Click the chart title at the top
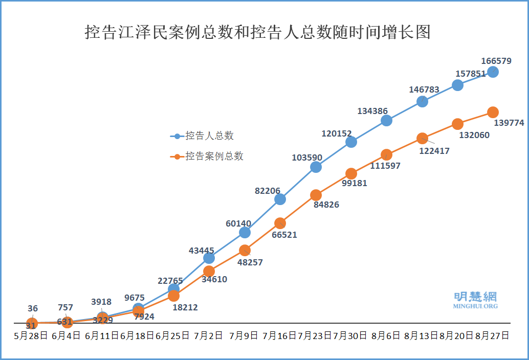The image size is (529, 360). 258,32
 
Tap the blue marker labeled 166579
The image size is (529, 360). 493,72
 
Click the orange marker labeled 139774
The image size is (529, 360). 493,112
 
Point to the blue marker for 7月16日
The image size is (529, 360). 280,199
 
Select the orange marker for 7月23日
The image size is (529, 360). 316,195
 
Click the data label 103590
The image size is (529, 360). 307,157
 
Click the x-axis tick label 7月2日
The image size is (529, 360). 209,336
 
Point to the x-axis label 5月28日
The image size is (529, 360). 31,336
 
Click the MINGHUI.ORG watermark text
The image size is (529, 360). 475,306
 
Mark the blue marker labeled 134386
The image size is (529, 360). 386,120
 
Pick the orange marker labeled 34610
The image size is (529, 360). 209,271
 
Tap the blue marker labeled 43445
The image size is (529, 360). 209,258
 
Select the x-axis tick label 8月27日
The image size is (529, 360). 492,336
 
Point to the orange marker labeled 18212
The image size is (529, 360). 173,296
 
